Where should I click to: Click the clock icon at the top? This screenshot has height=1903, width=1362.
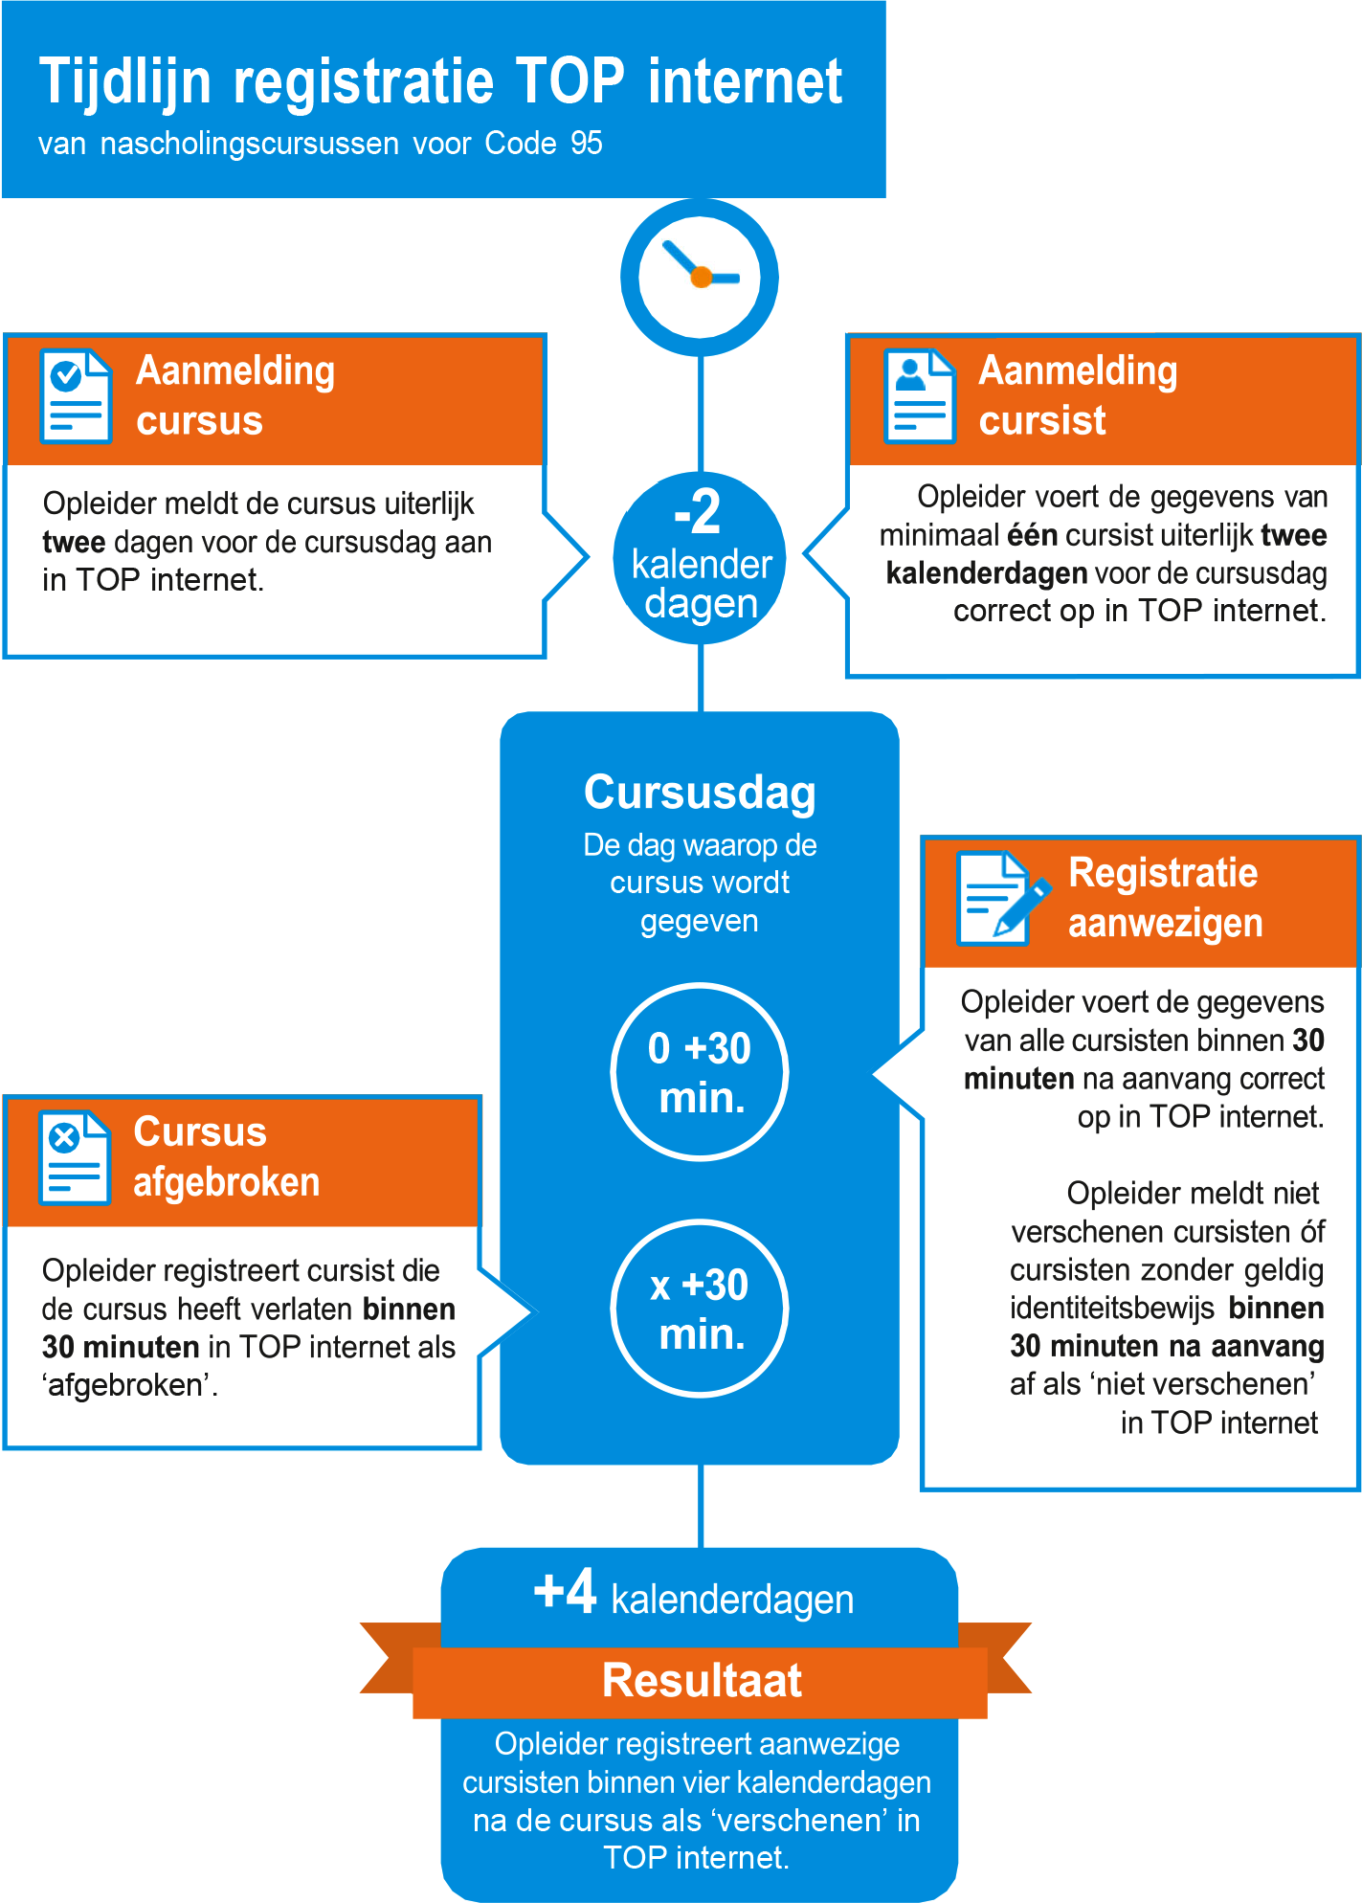tap(700, 278)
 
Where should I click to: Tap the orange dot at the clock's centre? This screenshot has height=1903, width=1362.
tap(702, 278)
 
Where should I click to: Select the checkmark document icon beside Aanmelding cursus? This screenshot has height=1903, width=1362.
tap(76, 396)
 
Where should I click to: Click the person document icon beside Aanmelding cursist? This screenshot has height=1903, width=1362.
tap(919, 396)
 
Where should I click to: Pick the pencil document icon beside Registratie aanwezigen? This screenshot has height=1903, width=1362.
tap(1001, 898)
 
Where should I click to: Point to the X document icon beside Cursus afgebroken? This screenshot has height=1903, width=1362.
tap(74, 1157)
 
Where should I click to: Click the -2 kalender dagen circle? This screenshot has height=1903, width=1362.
tap(700, 557)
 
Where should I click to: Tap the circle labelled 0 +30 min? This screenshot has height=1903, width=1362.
tap(700, 1072)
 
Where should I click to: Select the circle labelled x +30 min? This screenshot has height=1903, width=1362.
tap(700, 1309)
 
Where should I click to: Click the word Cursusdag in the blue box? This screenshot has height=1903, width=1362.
tap(700, 793)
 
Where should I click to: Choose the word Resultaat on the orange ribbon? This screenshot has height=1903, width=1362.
tap(702, 1681)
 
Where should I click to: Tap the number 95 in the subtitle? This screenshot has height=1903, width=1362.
tap(586, 144)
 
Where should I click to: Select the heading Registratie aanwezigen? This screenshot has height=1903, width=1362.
tap(1164, 898)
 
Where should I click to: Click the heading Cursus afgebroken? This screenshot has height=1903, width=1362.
tap(227, 1156)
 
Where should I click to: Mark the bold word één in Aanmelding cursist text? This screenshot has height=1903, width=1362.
tap(1032, 535)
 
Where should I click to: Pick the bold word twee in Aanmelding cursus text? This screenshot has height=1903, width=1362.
tap(74, 543)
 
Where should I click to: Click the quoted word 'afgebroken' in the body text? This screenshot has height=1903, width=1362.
tap(128, 1385)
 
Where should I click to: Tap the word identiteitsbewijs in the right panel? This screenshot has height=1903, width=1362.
tap(1111, 1309)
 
